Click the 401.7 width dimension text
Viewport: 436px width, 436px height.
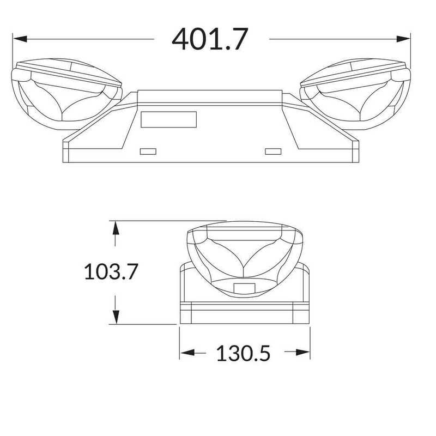point(210,39)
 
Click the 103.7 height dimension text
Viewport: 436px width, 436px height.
point(111,271)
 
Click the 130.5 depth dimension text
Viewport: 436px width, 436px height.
point(243,354)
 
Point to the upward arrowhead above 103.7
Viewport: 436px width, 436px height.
point(115,228)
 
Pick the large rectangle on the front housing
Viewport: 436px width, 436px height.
point(168,119)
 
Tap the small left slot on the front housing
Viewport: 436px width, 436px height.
point(148,150)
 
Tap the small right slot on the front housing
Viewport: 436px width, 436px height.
point(272,150)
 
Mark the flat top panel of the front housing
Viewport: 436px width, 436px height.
point(210,96)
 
